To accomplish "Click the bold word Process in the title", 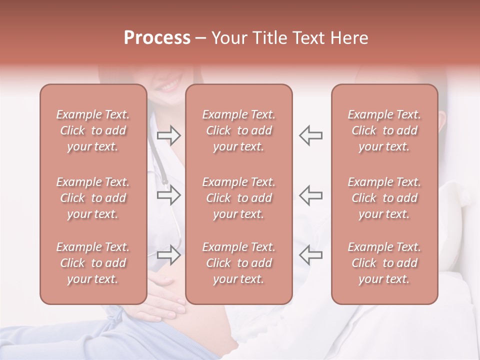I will pos(157,38).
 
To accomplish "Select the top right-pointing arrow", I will pos(169,135).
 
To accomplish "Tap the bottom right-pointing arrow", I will pos(169,255).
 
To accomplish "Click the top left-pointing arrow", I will pos(311,135).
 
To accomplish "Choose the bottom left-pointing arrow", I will pos(311,255).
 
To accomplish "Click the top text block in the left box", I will pos(93,130).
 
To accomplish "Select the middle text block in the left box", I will pos(93,198).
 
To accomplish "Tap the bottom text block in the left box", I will pos(93,263).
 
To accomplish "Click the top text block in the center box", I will pos(238,130).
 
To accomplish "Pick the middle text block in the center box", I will pos(238,198).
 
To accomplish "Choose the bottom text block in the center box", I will pos(238,263).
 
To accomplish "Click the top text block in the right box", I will pos(384,130).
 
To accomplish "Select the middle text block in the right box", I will pos(384,198).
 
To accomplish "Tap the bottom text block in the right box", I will pos(384,263).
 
